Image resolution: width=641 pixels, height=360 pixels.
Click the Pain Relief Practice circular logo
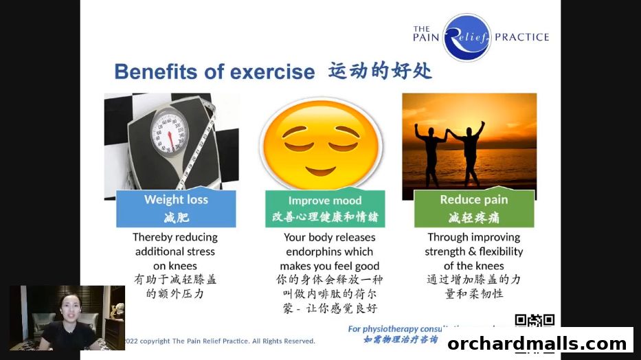466,37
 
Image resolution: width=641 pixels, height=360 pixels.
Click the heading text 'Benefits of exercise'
214,71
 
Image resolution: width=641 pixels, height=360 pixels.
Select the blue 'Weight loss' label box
176,208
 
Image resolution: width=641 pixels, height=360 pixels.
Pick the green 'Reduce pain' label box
473,208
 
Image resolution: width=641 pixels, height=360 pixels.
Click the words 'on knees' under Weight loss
175,266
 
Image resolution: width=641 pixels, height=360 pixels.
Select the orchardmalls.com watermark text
539,343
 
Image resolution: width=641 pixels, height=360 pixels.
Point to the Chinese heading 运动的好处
380,71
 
